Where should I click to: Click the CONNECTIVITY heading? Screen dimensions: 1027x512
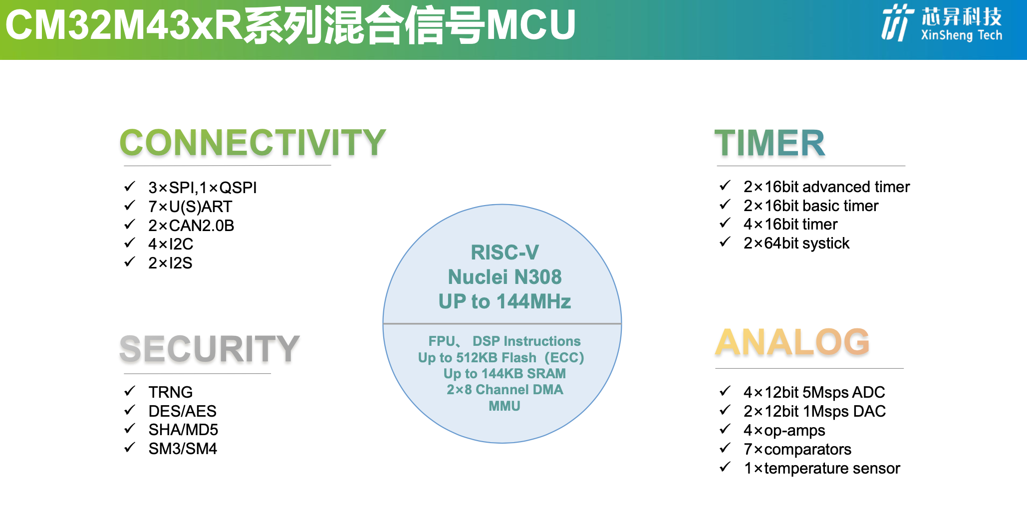pos(253,142)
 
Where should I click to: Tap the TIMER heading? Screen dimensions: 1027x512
pos(770,143)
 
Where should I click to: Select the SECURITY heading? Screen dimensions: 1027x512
pos(210,348)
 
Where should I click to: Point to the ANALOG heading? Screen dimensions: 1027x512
pos(792,342)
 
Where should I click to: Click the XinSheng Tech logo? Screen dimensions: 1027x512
pos(942,23)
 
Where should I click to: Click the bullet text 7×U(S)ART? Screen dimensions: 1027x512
pos(190,207)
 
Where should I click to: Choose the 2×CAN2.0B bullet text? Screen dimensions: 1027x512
pos(191,226)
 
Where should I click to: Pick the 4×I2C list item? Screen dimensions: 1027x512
pos(171,244)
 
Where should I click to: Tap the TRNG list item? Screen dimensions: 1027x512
pos(171,392)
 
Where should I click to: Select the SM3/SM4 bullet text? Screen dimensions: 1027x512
pos(183,449)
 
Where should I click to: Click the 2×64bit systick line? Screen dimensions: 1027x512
pos(796,243)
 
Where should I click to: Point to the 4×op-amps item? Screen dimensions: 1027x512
pos(784,431)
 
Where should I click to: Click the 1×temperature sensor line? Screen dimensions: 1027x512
pos(822,468)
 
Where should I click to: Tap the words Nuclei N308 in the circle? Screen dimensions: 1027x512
pos(505,277)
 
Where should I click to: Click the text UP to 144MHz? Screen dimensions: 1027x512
pos(505,301)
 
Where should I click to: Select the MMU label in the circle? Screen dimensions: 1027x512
pos(505,406)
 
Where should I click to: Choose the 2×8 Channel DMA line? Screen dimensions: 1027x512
pos(505,390)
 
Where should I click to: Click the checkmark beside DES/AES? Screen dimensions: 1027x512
pos(130,410)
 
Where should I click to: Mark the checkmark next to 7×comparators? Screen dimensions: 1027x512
pos(725,448)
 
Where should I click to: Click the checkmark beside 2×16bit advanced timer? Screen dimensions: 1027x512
pos(725,185)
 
